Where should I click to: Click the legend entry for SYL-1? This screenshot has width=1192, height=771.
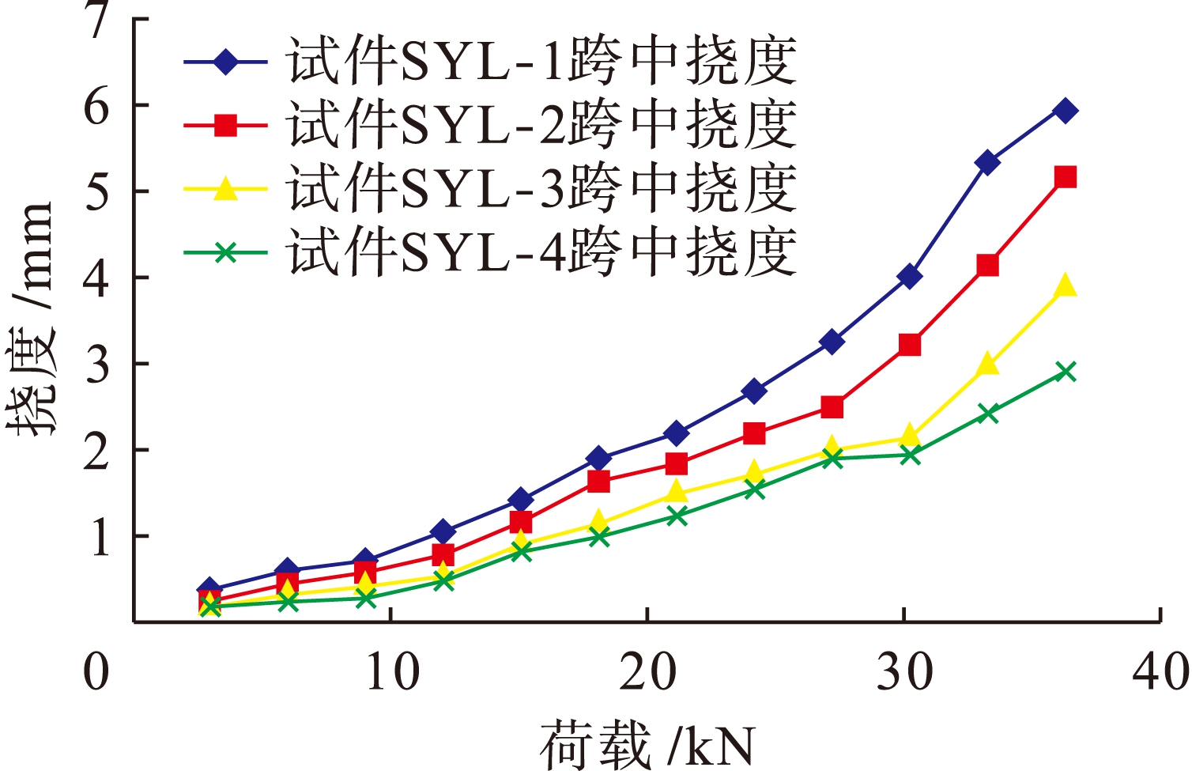point(541,61)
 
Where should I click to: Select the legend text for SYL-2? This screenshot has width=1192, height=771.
point(541,125)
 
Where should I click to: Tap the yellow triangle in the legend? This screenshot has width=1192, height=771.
point(226,189)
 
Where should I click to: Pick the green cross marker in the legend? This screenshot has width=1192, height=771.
point(226,253)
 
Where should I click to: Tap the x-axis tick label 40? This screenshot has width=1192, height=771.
point(1160,672)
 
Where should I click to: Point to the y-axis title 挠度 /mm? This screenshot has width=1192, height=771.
point(33,316)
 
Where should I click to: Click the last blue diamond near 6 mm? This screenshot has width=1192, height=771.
point(1066,111)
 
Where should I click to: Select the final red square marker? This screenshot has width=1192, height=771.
point(1066,176)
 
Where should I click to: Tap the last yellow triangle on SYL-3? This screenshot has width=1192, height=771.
point(1066,285)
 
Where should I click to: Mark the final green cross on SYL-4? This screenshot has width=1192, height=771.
point(1066,372)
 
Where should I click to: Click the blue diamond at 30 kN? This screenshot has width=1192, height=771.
point(910,277)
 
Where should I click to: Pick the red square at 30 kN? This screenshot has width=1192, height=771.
point(910,345)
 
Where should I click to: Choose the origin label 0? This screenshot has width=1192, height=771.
point(96,672)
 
